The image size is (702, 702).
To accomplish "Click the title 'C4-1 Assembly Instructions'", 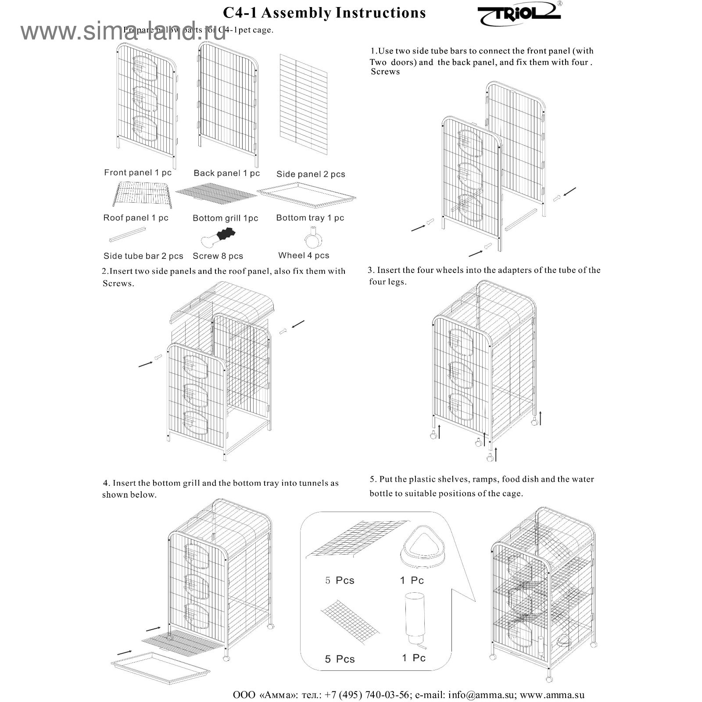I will pyautogui.click(x=324, y=13).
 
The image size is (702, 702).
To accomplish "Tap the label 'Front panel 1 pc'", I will pyautogui.click(x=137, y=172).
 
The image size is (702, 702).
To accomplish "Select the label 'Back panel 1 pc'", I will pyautogui.click(x=226, y=173).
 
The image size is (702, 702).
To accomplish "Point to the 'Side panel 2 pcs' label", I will pyautogui.click(x=311, y=174).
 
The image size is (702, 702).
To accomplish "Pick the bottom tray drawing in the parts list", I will pyautogui.click(x=306, y=195).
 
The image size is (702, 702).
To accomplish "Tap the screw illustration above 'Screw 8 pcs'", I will pyautogui.click(x=218, y=238).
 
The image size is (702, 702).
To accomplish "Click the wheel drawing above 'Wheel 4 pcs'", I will pyautogui.click(x=313, y=238).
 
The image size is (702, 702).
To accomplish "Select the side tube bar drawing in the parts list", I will pyautogui.click(x=127, y=234).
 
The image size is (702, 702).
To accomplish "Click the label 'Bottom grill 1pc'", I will pyautogui.click(x=225, y=218).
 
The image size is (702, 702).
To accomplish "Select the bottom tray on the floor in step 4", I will pyautogui.click(x=160, y=667).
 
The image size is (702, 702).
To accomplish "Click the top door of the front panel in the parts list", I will pyautogui.click(x=145, y=68).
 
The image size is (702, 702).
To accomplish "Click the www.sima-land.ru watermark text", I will pyautogui.click(x=123, y=32).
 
